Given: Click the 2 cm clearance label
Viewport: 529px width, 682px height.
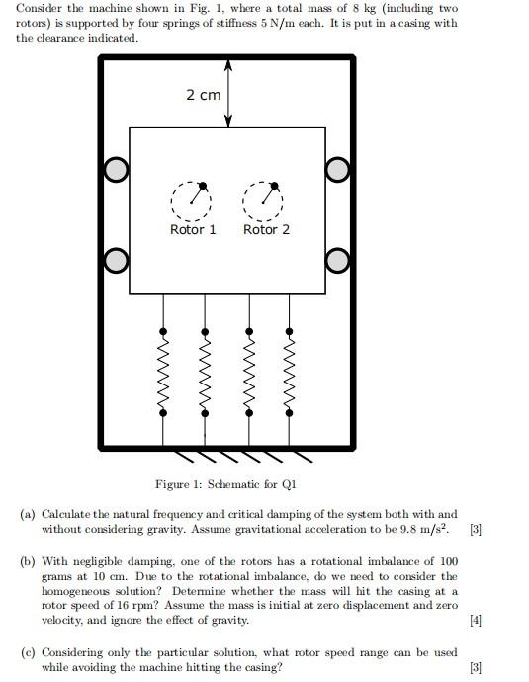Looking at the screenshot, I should pyautogui.click(x=203, y=95).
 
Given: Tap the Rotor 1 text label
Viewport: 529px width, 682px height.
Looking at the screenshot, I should pyautogui.click(x=193, y=229).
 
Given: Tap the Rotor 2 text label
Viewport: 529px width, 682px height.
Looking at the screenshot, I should pyautogui.click(x=267, y=229).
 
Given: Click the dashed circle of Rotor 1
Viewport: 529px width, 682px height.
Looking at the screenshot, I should pyautogui.click(x=189, y=200).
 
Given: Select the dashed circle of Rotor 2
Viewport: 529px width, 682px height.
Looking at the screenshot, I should pyautogui.click(x=262, y=200).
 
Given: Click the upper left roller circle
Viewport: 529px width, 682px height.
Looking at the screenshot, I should pyautogui.click(x=117, y=171).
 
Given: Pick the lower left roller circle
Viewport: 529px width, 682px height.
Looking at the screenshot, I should pyautogui.click(x=117, y=260).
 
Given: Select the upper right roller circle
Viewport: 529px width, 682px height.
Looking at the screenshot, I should pyautogui.click(x=338, y=171).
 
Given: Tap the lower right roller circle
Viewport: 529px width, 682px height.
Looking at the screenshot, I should pyautogui.click(x=338, y=260).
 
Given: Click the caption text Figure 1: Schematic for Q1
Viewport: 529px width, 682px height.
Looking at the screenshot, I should pyautogui.click(x=225, y=484).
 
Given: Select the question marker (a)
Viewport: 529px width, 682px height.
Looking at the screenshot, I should pyautogui.click(x=28, y=515).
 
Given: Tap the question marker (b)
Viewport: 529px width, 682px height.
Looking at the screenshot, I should pyautogui.click(x=28, y=561).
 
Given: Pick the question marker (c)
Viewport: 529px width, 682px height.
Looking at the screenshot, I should pyautogui.click(x=28, y=653).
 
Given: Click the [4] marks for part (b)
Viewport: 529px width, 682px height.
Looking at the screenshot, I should pyautogui.click(x=476, y=621).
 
